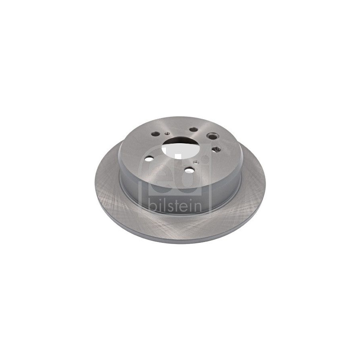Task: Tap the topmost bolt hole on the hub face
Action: [194, 130]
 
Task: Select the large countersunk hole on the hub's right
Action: [212, 136]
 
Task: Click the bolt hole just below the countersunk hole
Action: [216, 150]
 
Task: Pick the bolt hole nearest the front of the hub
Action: [190, 170]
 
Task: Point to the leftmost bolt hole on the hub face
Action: [150, 159]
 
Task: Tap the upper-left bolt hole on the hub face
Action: [156, 133]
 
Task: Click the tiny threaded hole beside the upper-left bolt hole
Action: [167, 133]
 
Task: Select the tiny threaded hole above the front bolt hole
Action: [196, 162]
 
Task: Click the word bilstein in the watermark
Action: [175, 205]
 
